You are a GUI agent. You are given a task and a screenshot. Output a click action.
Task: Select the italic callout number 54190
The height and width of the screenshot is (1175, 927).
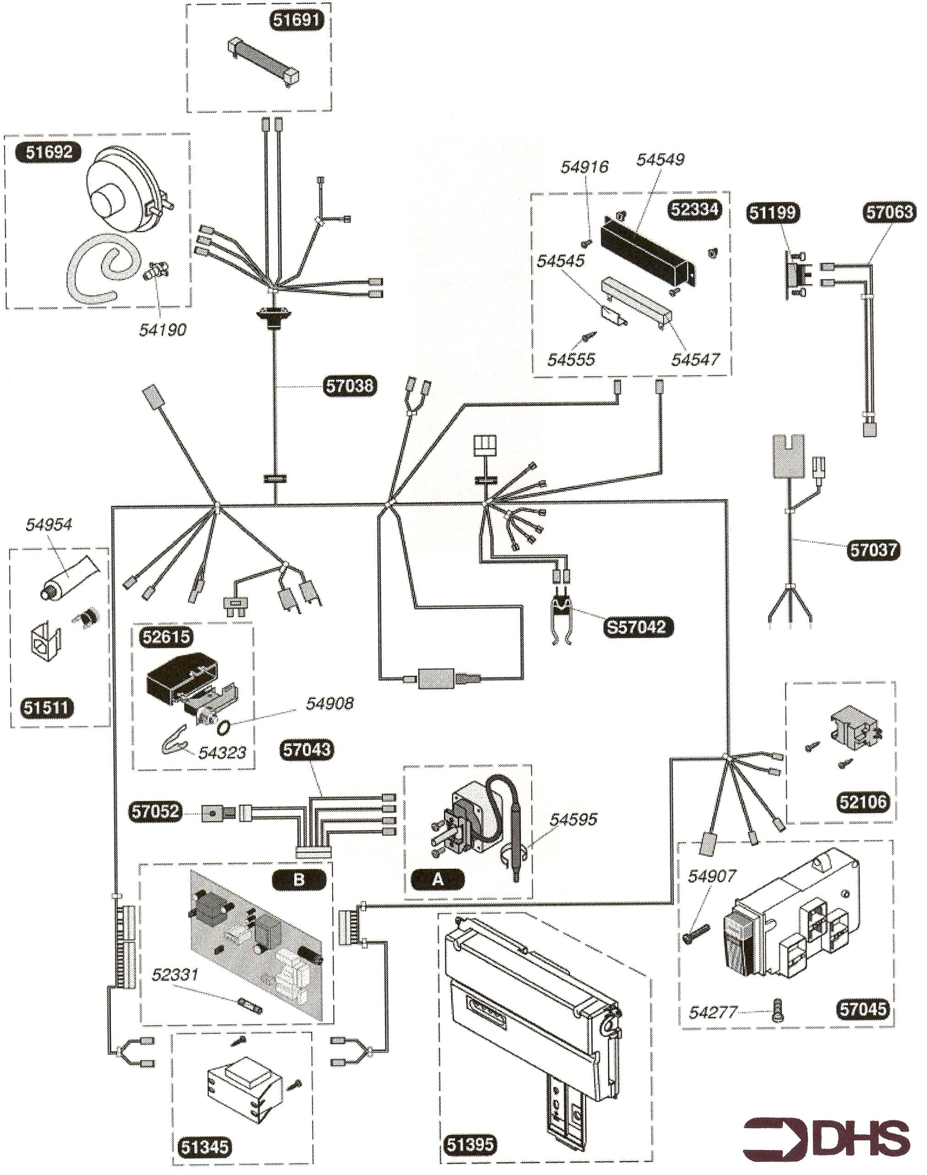click(x=162, y=329)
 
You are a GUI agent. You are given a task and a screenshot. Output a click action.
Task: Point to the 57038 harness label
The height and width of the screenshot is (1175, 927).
click(x=350, y=386)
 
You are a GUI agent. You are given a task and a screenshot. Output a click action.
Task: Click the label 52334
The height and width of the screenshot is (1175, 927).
click(x=695, y=209)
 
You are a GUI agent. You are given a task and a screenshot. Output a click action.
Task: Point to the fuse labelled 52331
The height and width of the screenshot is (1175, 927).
click(x=250, y=1006)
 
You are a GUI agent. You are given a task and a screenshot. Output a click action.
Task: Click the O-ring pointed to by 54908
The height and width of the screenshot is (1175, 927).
click(x=223, y=727)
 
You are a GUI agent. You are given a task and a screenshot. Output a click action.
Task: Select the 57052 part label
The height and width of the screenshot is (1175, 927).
click(x=155, y=812)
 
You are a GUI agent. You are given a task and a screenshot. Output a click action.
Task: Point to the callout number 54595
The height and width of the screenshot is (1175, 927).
click(x=573, y=819)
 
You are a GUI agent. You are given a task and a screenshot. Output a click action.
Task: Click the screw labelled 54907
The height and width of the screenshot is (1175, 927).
click(x=697, y=933)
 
